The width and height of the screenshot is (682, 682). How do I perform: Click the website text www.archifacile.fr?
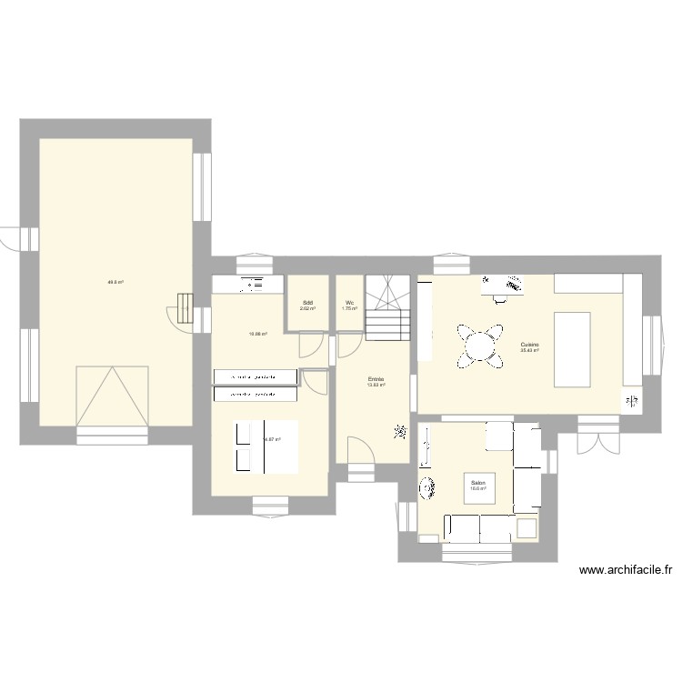tap(625, 571)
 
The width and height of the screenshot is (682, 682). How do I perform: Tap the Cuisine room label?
tap(530, 346)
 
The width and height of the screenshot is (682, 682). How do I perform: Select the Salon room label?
tap(477, 486)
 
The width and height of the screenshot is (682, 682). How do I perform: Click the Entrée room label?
tap(376, 381)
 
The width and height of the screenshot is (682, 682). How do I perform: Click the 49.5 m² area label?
tap(115, 282)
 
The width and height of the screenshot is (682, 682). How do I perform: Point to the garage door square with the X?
tap(112, 396)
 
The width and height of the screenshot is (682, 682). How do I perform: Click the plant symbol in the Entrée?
tap(399, 430)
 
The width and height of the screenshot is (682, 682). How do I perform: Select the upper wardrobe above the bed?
tap(255, 376)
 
